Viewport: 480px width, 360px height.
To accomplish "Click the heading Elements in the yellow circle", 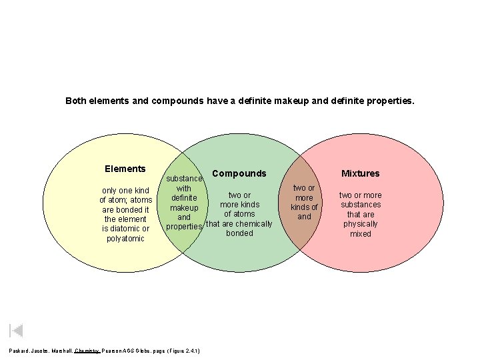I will pos(125,169).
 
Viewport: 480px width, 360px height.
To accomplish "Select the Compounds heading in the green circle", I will pos(239,173).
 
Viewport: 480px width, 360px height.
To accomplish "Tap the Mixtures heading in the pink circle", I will pos(360,173).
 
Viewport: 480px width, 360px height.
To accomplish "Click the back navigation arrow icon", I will pos(17,330).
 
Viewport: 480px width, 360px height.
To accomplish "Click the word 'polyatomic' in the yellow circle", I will pos(125,239).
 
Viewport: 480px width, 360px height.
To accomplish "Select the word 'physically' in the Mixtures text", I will pos(361,224).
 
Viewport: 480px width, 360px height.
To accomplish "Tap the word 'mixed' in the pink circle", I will pos(361,234).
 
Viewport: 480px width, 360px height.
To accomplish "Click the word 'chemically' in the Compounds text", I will pos(252,223).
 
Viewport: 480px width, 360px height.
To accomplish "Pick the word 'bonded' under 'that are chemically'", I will pos(239,233).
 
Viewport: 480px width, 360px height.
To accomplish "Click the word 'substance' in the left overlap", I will pos(184,179).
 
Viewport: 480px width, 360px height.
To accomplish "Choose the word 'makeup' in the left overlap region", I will pos(184,207).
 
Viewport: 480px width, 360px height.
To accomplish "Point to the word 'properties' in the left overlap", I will pos(184,227).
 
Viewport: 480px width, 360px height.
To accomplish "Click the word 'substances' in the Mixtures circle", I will pos(361,205).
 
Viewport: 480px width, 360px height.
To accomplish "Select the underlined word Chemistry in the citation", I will pos(87,350).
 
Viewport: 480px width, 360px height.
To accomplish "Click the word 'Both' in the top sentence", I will pos(76,101).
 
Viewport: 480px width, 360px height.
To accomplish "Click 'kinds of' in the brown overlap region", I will pos(304,207).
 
